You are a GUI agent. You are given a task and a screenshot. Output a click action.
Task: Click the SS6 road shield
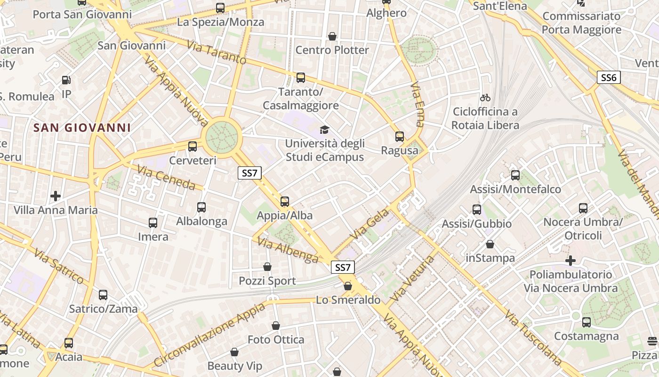click(609, 78)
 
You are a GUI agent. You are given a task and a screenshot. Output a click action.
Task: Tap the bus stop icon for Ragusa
click(400, 137)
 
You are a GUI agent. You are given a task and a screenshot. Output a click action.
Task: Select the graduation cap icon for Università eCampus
click(324, 130)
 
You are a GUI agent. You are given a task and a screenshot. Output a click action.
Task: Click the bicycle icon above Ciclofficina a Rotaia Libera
click(485, 98)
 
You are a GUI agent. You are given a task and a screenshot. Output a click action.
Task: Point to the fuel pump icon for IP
click(66, 81)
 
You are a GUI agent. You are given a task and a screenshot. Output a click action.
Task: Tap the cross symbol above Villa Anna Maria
click(56, 196)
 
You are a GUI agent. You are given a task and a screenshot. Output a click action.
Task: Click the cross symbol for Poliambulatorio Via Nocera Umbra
click(571, 260)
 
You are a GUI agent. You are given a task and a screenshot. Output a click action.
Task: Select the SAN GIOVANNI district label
click(82, 128)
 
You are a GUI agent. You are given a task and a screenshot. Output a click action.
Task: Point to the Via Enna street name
click(417, 105)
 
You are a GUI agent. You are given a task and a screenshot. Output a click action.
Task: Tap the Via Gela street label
click(370, 224)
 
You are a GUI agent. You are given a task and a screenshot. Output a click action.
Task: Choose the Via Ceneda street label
click(166, 177)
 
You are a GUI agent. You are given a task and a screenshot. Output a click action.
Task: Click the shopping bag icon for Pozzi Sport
click(267, 267)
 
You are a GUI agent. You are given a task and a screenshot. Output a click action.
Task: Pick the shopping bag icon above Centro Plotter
click(332, 36)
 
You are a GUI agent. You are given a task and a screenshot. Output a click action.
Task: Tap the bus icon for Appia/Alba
click(285, 202)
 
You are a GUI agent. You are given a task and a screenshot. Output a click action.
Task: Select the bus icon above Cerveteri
click(193, 147)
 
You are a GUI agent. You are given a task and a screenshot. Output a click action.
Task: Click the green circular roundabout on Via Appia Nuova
click(222, 137)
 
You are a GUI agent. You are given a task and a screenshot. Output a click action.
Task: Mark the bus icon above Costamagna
click(586, 322)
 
